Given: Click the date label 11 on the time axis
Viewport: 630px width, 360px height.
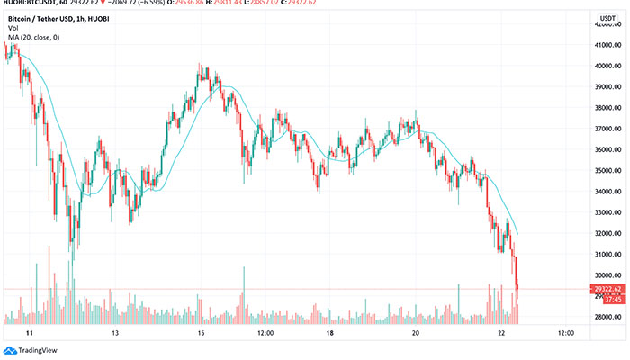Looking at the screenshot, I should (x=30, y=332).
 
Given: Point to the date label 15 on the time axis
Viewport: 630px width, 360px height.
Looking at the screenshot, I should (x=202, y=332).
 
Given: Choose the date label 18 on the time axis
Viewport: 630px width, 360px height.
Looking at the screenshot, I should (x=330, y=332).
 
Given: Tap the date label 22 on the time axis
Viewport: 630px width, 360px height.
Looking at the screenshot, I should (x=502, y=332).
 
